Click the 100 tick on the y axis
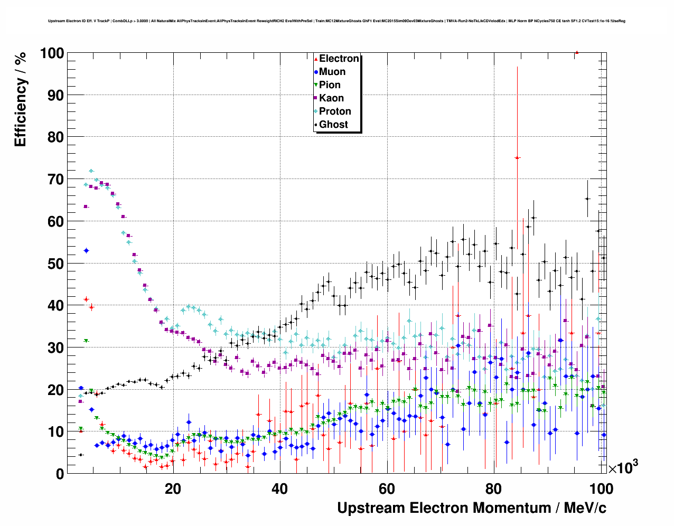click(51, 53)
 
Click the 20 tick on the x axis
click(173, 489)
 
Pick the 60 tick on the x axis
click(387, 489)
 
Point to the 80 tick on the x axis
click(493, 489)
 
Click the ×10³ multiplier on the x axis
click(623, 467)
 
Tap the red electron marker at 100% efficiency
click(577, 53)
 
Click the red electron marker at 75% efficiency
click(518, 158)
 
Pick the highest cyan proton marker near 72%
click(91, 171)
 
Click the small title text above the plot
click(336, 21)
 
